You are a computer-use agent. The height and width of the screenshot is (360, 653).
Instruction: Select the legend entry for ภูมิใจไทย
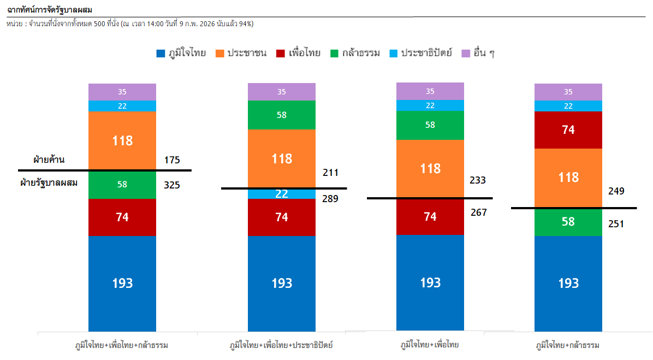[181, 54]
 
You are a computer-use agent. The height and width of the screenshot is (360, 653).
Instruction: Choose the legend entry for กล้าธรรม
[355, 54]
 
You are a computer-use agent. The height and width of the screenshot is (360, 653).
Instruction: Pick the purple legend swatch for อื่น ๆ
[466, 54]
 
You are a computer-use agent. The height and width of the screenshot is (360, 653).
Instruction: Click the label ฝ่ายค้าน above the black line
[49, 160]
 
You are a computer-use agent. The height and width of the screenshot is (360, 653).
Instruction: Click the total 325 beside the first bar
[172, 185]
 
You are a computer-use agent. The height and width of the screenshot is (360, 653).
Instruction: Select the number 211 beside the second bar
[330, 173]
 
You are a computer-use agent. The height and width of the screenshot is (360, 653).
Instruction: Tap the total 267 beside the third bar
[479, 213]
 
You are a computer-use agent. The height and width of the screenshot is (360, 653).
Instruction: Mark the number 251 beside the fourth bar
[616, 223]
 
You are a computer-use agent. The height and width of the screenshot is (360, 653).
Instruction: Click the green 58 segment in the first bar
[122, 185]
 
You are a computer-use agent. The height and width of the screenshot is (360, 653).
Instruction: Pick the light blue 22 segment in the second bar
[281, 194]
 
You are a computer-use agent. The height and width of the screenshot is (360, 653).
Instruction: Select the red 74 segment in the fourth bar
[568, 130]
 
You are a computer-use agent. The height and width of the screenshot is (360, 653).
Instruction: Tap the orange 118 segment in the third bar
[430, 168]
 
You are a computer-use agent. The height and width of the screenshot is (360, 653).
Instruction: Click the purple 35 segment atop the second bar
[281, 92]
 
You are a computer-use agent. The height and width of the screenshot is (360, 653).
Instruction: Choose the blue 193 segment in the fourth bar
[568, 283]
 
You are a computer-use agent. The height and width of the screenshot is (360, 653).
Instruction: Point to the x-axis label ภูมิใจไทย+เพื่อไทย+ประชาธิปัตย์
[281, 345]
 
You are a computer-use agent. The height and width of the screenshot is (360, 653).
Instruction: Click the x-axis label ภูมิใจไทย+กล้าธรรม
[568, 345]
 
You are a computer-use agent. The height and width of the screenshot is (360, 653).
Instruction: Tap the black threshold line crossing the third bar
[430, 198]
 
